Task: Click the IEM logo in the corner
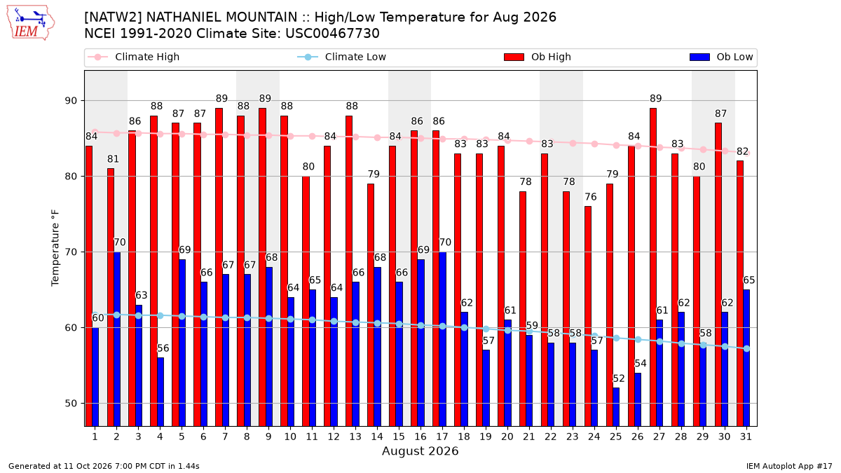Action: click(x=30, y=23)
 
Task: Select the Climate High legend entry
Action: click(x=134, y=57)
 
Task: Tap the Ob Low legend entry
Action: click(x=721, y=57)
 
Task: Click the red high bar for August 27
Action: click(x=653, y=267)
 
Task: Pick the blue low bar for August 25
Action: click(x=616, y=407)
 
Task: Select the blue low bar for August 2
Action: click(x=117, y=339)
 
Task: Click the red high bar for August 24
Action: click(x=588, y=317)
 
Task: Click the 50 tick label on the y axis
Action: click(x=71, y=404)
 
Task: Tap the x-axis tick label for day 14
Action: click(x=377, y=437)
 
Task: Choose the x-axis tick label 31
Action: click(x=746, y=437)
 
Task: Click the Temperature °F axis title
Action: click(x=55, y=248)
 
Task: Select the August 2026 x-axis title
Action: click(x=420, y=451)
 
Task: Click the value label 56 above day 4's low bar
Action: click(x=163, y=348)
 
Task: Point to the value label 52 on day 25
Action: click(x=619, y=378)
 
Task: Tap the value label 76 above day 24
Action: click(x=591, y=197)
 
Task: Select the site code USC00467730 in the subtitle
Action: click(x=332, y=34)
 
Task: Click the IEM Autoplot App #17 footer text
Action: click(x=789, y=466)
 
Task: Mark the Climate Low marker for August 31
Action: click(x=747, y=349)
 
